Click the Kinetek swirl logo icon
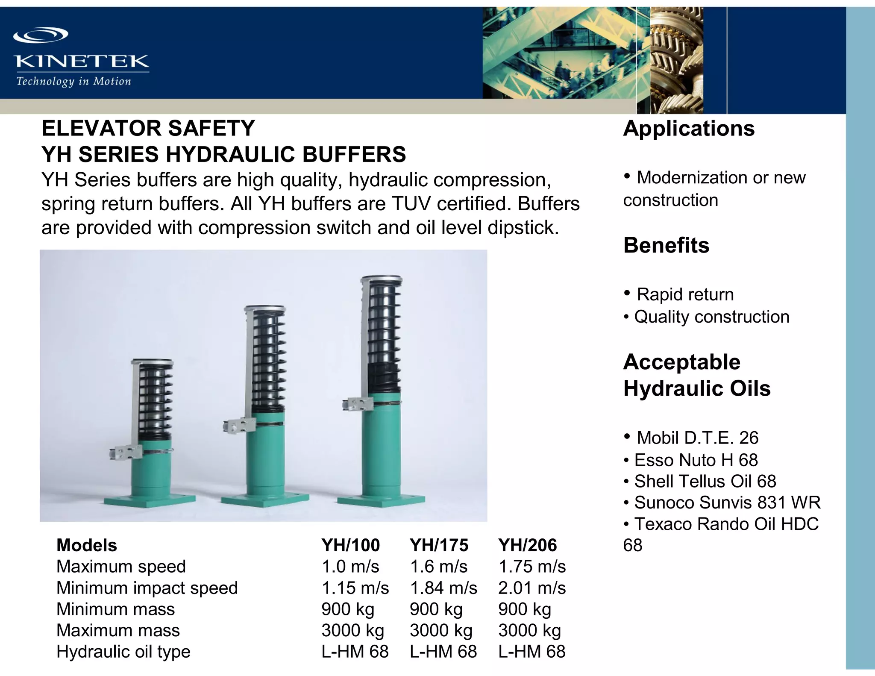41,35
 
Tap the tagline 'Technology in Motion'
73,81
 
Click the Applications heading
689,128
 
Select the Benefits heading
666,245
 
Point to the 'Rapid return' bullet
685,294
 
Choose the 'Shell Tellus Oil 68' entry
705,481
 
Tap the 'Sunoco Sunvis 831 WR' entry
727,503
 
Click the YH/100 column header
350,545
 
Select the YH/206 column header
527,545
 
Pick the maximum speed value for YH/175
438,567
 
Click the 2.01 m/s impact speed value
531,588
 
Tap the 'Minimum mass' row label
115,609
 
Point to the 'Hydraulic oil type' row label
123,652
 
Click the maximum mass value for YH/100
352,630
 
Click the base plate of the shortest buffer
150,500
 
